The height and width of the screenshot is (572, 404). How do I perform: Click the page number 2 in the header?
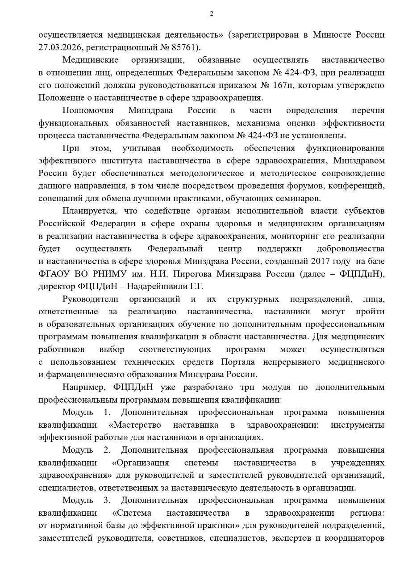pos(212,13)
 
